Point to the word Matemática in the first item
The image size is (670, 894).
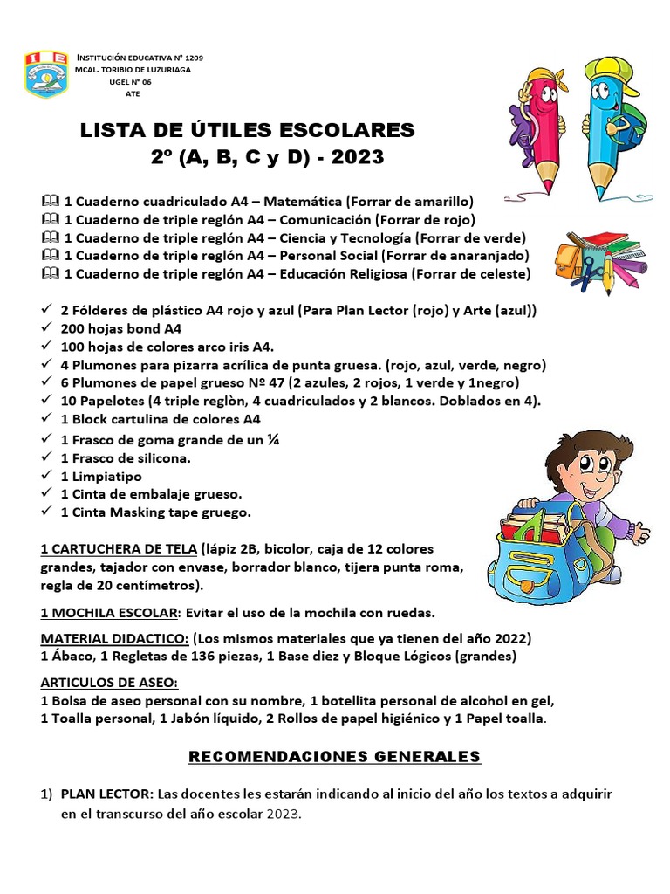pos(302,201)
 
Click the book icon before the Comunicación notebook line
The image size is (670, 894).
pos(48,219)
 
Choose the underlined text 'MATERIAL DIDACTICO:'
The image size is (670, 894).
pos(114,638)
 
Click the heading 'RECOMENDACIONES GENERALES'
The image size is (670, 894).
pos(335,755)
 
